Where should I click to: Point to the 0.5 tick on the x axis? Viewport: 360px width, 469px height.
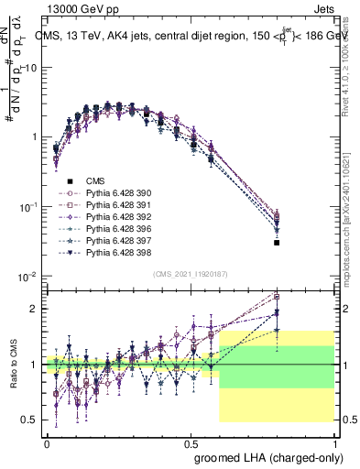tap(191, 441)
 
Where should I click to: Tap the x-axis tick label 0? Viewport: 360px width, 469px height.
tap(47, 441)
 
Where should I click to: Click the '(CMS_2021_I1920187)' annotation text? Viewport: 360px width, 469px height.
tap(191, 274)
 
